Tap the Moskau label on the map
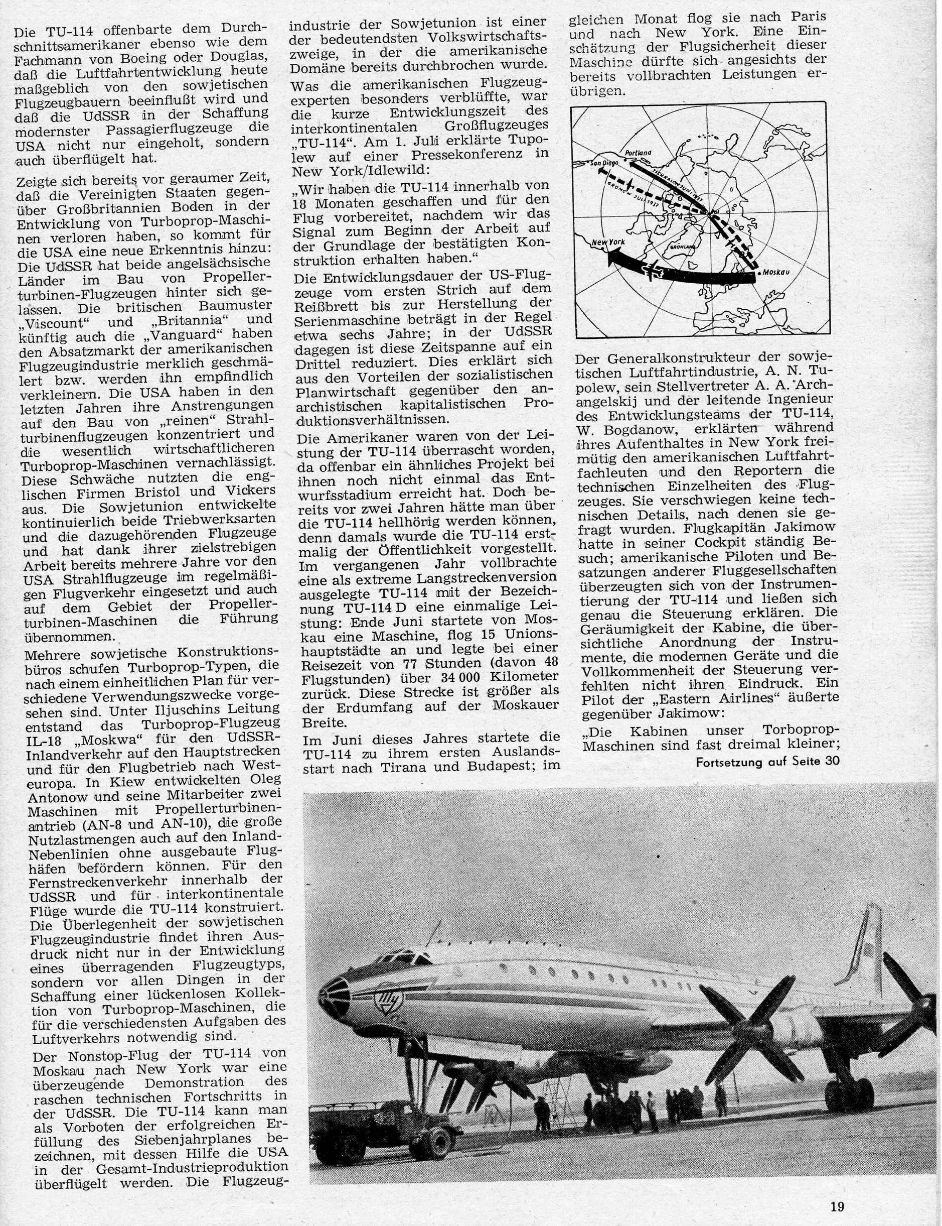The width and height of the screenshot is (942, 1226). [777, 272]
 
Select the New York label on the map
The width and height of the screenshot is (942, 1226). [608, 242]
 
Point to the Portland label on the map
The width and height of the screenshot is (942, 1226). [638, 153]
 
